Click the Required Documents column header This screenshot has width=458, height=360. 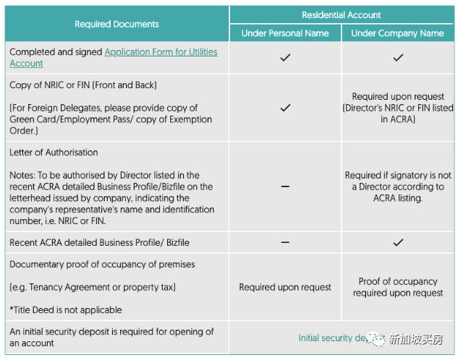coord(116,24)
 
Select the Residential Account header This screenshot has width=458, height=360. coord(341,14)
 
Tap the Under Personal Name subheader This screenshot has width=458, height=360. coord(285,33)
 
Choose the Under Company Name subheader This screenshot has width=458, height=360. coord(397,33)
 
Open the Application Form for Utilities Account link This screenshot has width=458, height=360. coord(161,52)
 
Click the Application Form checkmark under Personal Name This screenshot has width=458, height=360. coord(285,58)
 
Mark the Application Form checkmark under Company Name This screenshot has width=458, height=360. coord(398,58)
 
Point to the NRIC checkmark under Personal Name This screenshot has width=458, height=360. coord(285,108)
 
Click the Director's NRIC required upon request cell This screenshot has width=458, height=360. coord(398,108)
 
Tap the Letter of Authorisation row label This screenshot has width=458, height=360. coord(54,153)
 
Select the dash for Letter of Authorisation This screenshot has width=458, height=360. coord(285,187)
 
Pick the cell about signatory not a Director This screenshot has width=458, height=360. coord(398,187)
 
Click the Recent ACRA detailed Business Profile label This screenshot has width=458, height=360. coord(99,242)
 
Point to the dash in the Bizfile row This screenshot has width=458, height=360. coord(285,242)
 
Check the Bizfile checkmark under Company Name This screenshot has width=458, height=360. coord(398,242)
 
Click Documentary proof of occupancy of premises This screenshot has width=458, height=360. coord(102,265)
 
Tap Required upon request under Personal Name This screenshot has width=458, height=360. coord(285,287)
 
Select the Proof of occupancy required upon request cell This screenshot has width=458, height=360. coord(398,287)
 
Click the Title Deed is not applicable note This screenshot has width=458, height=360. coord(66,310)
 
